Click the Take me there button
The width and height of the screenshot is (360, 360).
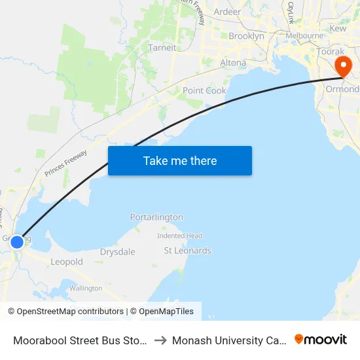(180, 160)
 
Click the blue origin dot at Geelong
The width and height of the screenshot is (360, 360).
(17, 242)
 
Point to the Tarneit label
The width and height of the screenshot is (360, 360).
(162, 48)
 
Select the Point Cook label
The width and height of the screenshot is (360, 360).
(204, 91)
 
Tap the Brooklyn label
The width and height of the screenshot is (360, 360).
(246, 37)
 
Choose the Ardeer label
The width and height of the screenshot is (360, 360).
(226, 12)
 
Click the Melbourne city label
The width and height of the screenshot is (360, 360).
(304, 35)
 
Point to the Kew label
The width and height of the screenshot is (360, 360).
(338, 29)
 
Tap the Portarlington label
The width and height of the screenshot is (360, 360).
(156, 217)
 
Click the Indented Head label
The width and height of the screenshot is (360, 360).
(179, 236)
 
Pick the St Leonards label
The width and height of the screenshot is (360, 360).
(187, 251)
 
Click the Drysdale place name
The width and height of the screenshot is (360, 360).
(117, 252)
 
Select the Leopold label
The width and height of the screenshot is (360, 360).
(67, 262)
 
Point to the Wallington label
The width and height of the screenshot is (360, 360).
(86, 288)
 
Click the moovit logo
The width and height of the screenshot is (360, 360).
(321, 339)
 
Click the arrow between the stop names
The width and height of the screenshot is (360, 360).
(160, 340)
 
